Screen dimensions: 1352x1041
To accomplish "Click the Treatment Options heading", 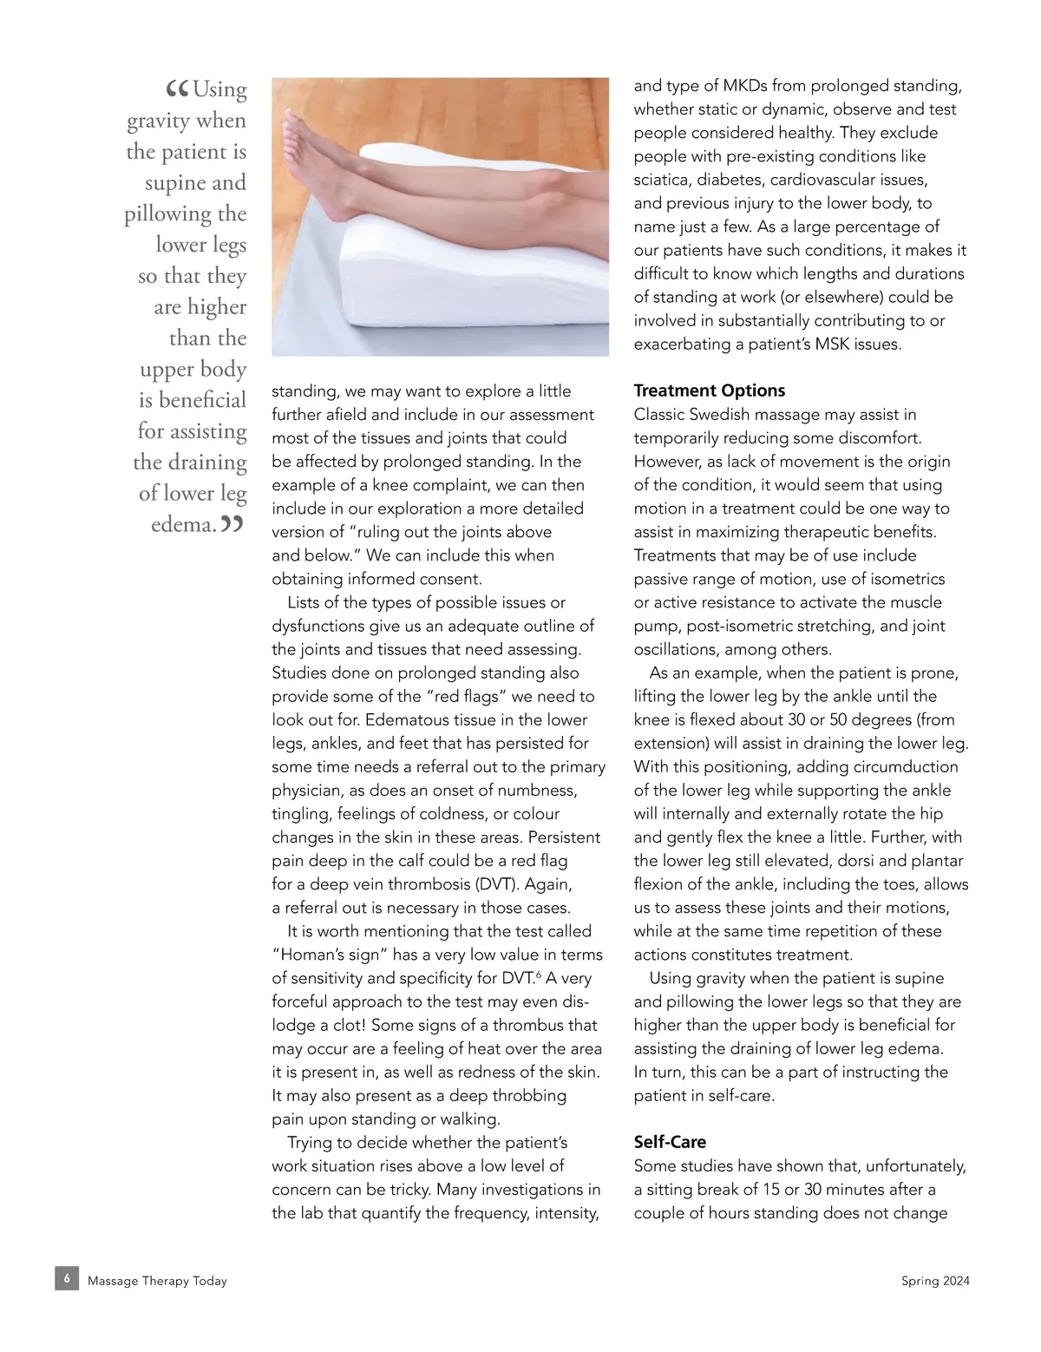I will pos(709,391).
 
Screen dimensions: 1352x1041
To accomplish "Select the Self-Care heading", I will pos(670,1142).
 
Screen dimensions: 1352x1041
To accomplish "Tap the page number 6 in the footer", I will pos(67,1278).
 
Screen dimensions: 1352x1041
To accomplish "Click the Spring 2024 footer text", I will pos(935,1281).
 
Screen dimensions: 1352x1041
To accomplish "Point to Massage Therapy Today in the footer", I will pos(157,1281).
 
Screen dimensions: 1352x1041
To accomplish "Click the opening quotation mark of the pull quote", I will pos(177,89).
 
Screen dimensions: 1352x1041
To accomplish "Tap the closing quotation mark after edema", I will pos(232,523).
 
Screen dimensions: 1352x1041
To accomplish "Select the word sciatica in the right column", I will pos(663,180).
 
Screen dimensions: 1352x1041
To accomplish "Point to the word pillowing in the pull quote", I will pos(167,214).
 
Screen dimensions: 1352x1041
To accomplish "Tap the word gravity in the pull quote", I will pos(159,121).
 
